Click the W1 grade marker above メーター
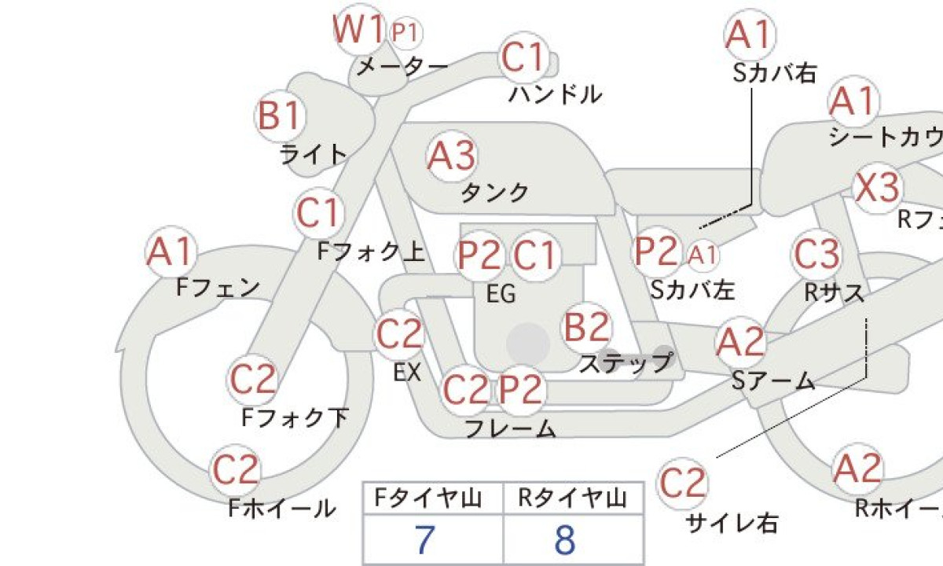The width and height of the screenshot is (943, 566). point(359,30)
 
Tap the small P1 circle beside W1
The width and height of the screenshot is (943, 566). point(405,32)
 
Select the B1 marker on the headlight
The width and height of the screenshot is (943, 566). point(281,116)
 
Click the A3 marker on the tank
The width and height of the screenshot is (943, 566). point(452,156)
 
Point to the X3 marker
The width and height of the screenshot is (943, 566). point(878,188)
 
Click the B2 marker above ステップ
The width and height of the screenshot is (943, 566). point(586,328)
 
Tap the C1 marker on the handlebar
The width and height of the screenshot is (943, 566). point(524,57)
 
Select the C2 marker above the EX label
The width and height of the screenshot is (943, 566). point(398,334)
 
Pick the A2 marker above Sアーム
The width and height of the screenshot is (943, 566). point(740,342)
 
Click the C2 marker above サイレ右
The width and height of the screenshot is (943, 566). point(682,483)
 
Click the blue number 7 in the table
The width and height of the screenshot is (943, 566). point(424,540)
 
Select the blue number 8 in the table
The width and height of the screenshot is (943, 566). point(565,540)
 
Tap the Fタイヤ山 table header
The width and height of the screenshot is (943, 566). point(427,498)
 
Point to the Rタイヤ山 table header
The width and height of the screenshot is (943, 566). point(573,498)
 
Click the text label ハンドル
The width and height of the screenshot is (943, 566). point(556,94)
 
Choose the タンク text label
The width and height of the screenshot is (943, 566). point(495,193)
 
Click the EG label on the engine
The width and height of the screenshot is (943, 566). point(501,294)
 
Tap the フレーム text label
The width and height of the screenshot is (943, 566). point(510,428)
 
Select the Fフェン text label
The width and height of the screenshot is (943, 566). point(218,288)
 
